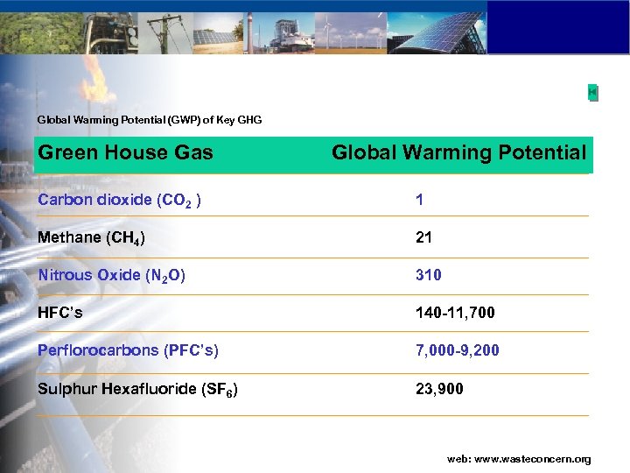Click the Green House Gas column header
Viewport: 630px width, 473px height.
click(x=126, y=152)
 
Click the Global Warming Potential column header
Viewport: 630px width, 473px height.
click(x=458, y=153)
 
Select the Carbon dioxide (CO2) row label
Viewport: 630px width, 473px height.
click(x=121, y=200)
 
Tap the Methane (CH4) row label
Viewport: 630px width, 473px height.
click(x=92, y=237)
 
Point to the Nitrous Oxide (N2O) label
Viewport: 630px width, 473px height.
click(x=112, y=275)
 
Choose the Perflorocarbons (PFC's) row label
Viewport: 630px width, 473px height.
click(x=129, y=350)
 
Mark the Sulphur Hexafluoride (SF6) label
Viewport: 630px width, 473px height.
click(x=138, y=389)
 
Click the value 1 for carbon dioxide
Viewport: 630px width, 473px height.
click(x=420, y=200)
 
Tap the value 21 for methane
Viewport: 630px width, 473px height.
click(x=424, y=237)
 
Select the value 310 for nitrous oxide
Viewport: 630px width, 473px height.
click(x=429, y=275)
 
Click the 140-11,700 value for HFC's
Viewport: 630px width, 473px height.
click(x=455, y=313)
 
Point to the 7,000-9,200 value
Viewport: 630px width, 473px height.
click(x=458, y=350)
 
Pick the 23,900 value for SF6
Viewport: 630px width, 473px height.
click(x=440, y=389)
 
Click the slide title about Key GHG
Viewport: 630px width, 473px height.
click(x=150, y=119)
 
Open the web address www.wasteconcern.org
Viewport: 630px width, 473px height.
click(x=519, y=459)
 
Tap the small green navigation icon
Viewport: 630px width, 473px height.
click(x=592, y=92)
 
